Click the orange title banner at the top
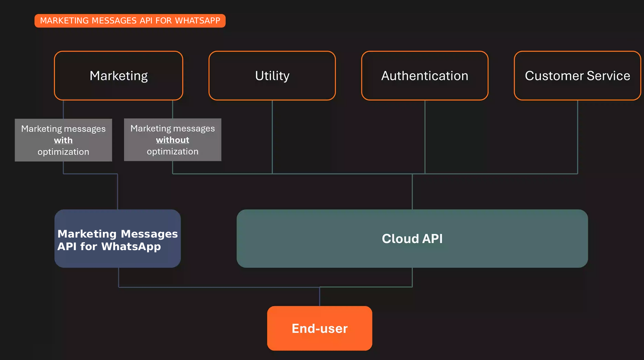[x=130, y=21]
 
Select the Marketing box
[x=118, y=76]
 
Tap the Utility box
[x=272, y=76]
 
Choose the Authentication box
[x=424, y=76]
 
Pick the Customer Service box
[x=577, y=76]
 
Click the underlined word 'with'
[x=63, y=140]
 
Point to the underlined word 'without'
[x=172, y=140]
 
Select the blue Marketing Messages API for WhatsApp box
[x=118, y=239]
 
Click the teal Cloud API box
[x=412, y=239]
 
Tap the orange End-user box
[x=319, y=328]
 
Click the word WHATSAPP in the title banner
[x=197, y=21]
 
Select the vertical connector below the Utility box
[x=272, y=137]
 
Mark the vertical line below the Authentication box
[x=425, y=137]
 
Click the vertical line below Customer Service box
[x=578, y=137]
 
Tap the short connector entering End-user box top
[x=320, y=297]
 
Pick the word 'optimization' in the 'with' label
[x=63, y=152]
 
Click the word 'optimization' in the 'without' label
[x=172, y=152]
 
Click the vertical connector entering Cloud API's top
[x=412, y=192]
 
